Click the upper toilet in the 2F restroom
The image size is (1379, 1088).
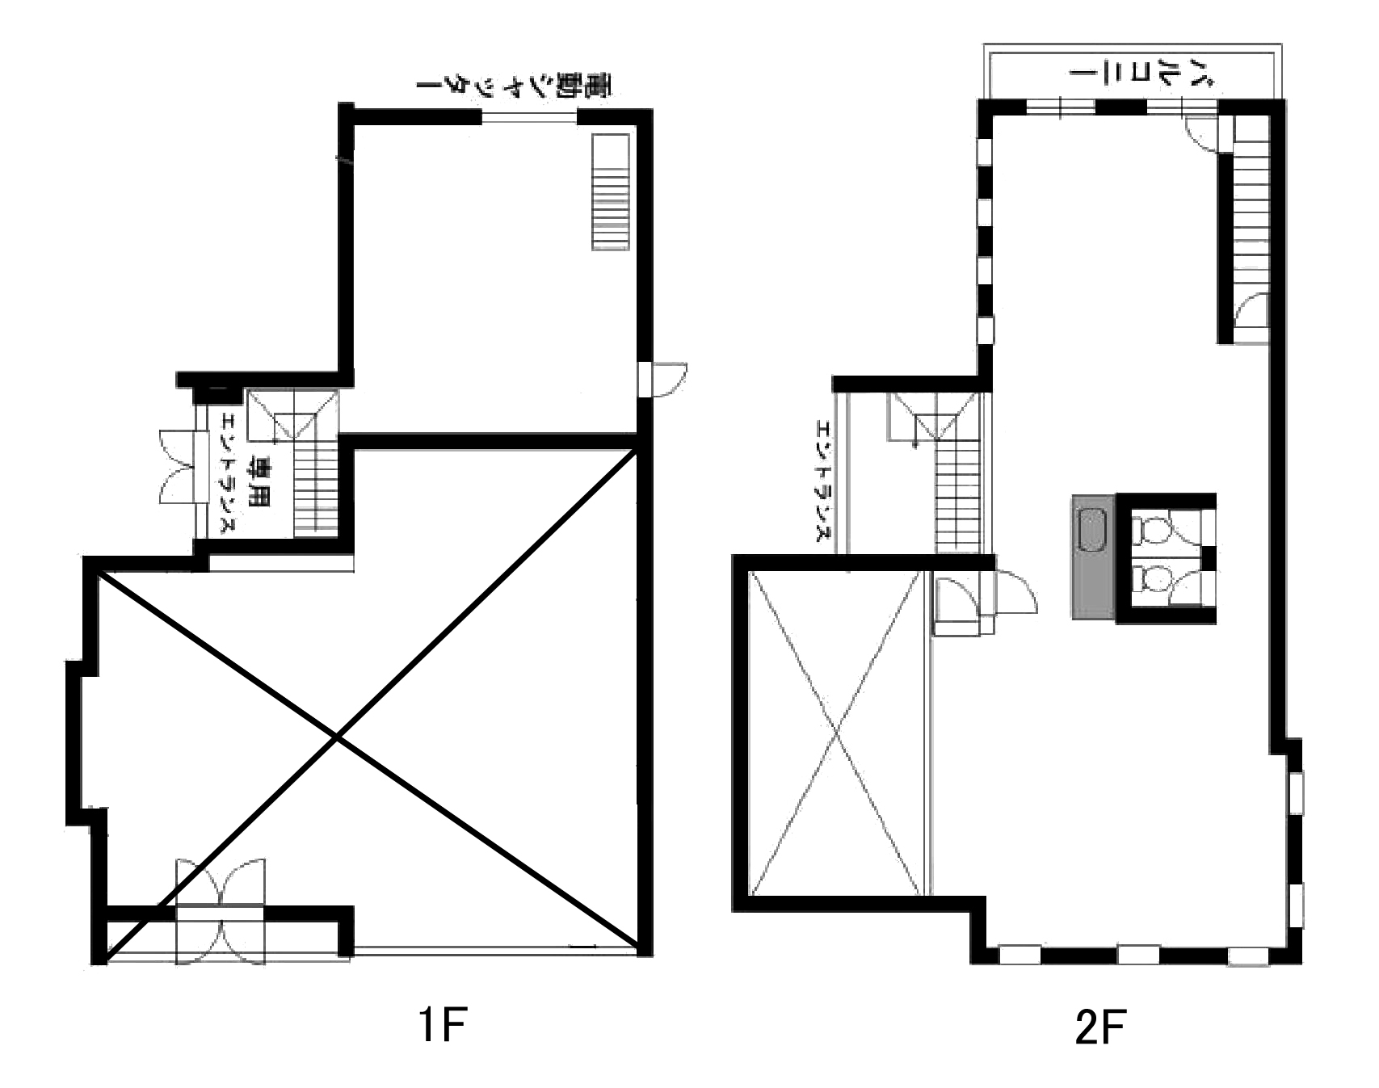coord(1154,530)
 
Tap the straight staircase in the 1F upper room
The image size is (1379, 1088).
coord(610,192)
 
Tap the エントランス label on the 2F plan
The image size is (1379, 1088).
coord(823,481)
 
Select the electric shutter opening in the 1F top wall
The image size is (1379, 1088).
coord(529,118)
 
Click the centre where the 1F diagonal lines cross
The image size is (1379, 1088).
coord(337,737)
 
